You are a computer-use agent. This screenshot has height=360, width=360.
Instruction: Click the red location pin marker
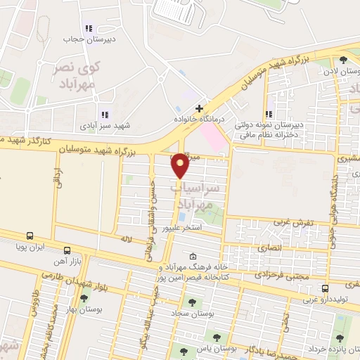[181, 166]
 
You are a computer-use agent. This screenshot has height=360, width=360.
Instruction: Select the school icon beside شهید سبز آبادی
[105, 115]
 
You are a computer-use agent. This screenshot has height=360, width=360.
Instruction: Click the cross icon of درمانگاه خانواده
[200, 109]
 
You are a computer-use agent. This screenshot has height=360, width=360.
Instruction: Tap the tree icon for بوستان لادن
[342, 60]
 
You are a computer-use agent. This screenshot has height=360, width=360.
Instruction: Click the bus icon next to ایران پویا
[30, 236]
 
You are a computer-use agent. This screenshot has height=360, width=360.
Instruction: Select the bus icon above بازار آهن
[67, 250]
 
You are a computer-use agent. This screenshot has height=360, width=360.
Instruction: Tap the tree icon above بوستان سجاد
[192, 302]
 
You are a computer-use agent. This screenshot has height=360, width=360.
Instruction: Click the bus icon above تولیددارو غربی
[325, 288]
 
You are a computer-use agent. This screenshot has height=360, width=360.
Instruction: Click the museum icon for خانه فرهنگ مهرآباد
[193, 257]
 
